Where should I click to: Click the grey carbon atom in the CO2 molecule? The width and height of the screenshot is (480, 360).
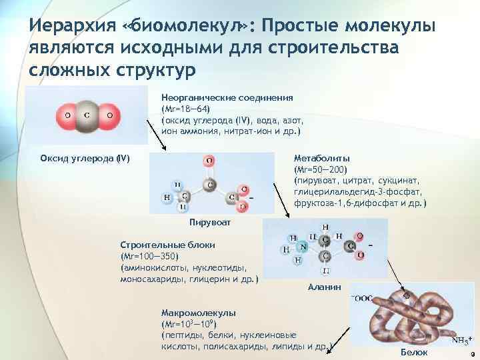87,115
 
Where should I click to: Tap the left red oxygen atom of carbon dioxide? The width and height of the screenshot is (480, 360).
66,115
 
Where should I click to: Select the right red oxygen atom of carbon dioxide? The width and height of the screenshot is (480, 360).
109,115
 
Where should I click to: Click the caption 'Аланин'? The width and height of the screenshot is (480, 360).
324,287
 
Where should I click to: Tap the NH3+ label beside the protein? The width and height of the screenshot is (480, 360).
461,341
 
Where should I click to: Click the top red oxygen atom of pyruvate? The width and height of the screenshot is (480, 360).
209,161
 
